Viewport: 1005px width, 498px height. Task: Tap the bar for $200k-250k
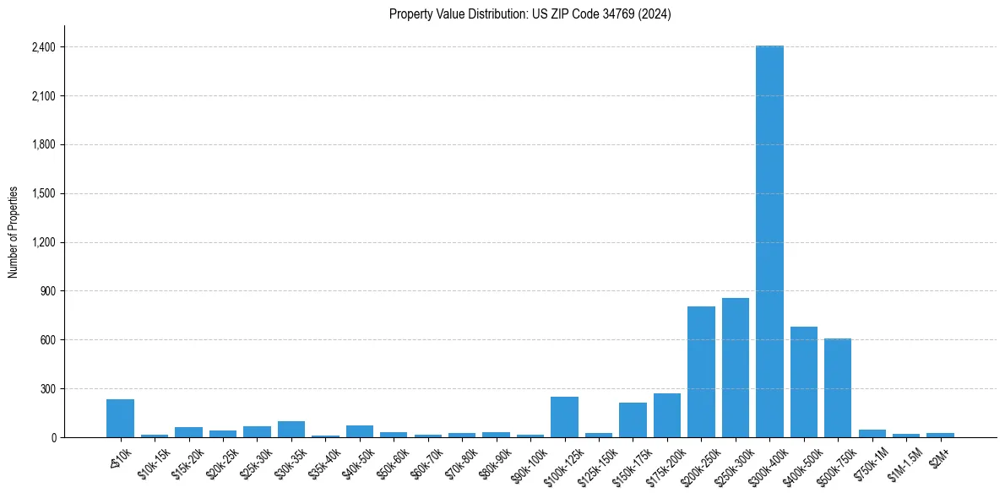(701, 372)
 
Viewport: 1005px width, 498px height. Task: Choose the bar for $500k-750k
(838, 388)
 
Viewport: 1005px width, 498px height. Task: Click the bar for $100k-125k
(564, 417)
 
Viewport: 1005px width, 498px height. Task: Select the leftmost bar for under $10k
(120, 419)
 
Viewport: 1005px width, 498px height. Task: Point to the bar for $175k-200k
(667, 415)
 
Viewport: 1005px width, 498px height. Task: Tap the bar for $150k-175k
(633, 420)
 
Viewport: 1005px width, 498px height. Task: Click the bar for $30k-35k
(291, 429)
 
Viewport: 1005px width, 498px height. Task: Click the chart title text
(530, 14)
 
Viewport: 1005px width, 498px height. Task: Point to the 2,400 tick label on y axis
(42, 47)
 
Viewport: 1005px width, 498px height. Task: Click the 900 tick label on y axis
(46, 291)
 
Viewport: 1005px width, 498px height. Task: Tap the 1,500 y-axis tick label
(42, 193)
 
